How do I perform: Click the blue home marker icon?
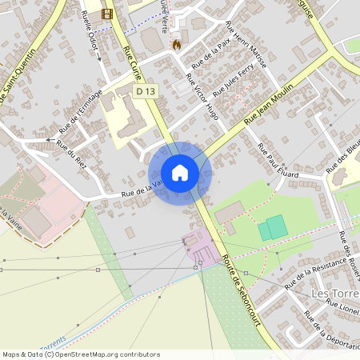180,172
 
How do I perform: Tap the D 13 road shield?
146,93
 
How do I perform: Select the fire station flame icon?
176,45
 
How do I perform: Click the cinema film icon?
107,14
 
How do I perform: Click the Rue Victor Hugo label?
202,97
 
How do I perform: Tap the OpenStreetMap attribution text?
80,354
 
